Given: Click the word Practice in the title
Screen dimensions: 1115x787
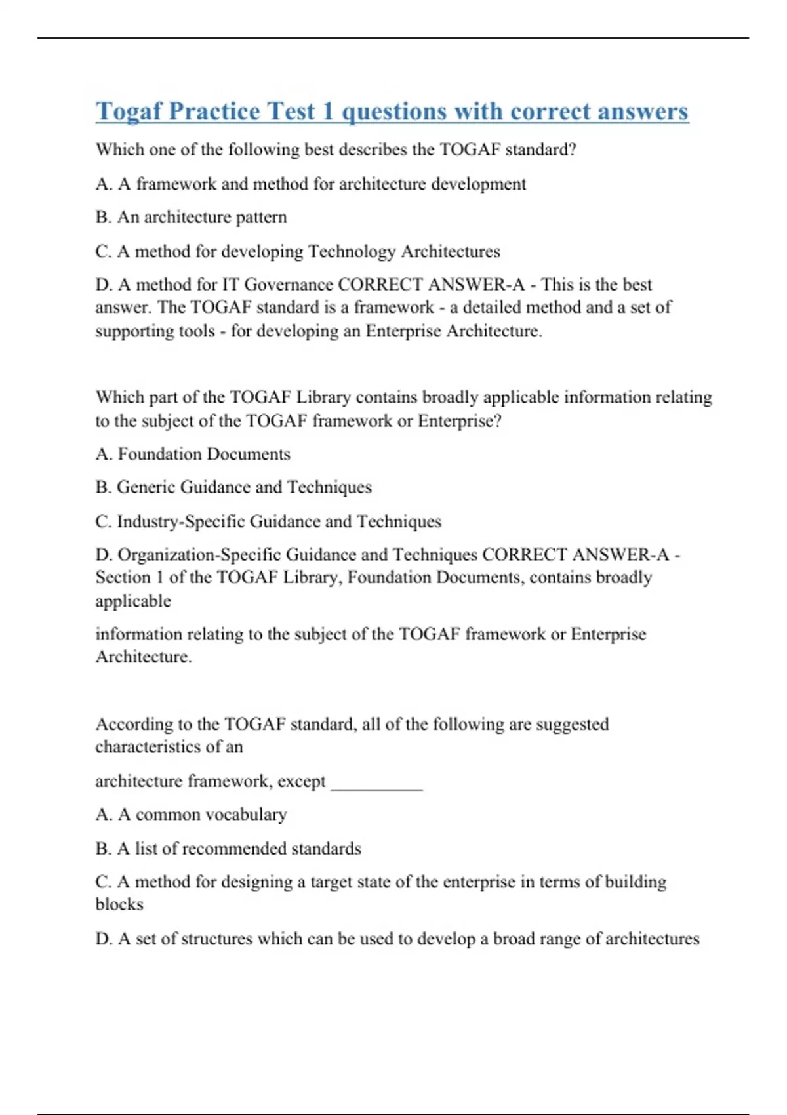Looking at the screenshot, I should click(214, 111).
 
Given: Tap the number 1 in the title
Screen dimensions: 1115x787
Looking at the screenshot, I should click(327, 111).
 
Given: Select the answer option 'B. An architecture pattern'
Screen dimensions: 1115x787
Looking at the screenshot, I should click(191, 217).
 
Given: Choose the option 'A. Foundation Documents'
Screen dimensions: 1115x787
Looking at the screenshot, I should click(193, 454).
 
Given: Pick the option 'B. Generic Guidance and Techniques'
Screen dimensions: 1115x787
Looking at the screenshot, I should click(233, 487).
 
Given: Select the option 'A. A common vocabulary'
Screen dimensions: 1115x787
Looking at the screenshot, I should click(191, 815).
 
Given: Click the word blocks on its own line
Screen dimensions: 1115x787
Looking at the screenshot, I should click(119, 904).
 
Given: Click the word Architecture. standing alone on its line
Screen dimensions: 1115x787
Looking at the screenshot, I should click(144, 657).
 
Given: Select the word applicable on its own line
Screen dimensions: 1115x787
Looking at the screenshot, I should click(133, 601).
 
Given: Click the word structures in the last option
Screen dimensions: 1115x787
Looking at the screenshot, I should click(216, 939).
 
